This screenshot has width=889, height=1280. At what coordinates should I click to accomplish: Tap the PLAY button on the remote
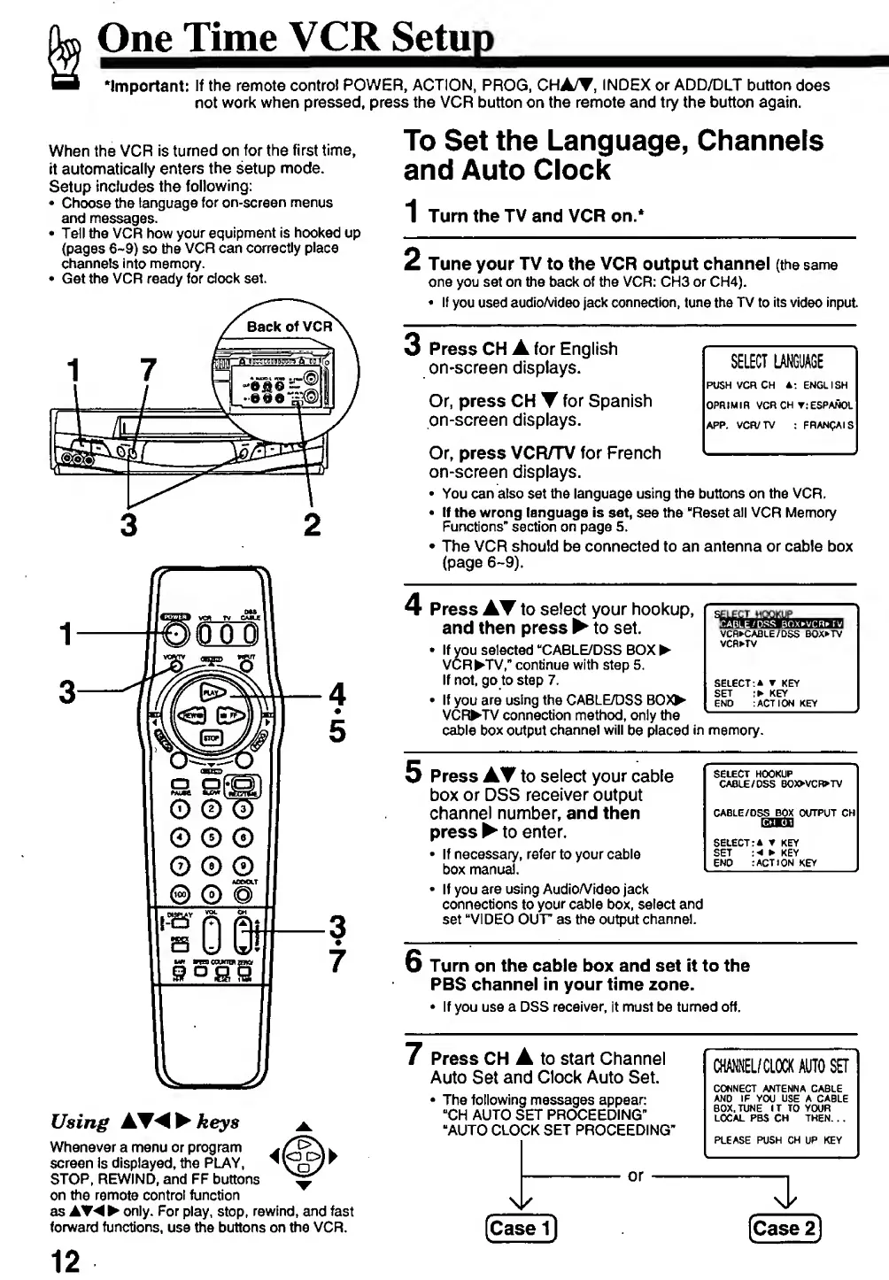212,692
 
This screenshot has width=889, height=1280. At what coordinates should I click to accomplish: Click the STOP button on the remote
212,736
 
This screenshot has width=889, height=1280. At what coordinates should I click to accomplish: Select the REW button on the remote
190,715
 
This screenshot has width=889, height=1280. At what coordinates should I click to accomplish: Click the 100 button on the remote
181,893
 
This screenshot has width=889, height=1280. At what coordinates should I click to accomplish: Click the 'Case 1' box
521,1228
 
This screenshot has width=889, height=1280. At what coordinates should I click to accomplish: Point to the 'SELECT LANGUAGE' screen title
777,361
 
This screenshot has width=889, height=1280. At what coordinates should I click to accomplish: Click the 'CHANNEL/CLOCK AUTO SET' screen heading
780,1066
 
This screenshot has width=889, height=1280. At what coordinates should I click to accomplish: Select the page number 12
65,1261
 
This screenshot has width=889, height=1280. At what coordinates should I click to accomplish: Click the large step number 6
414,962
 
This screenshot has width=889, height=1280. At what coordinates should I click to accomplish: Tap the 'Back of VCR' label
289,327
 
